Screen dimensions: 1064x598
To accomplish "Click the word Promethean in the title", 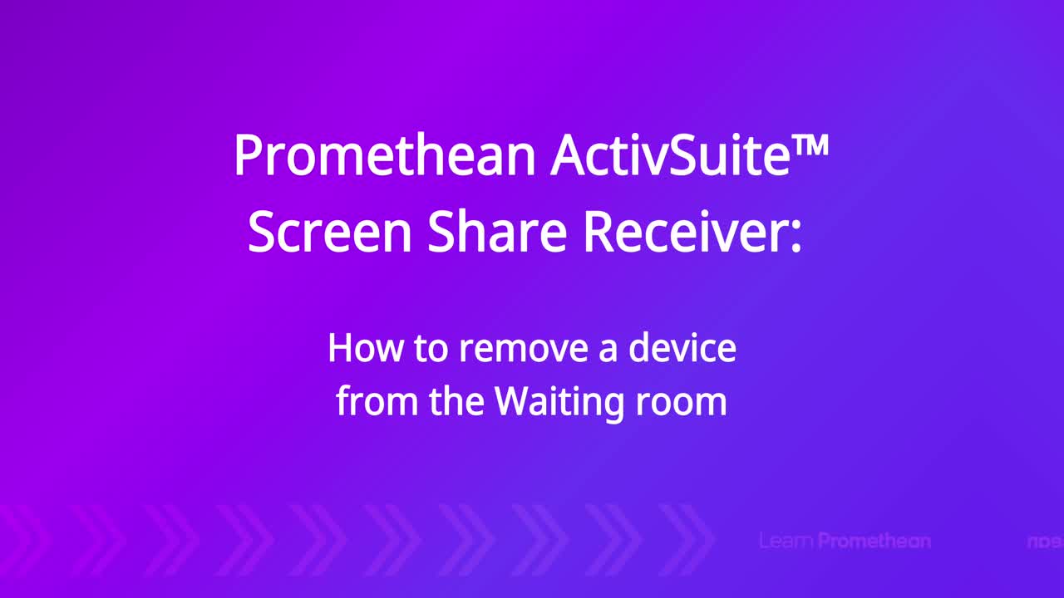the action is tap(385, 155).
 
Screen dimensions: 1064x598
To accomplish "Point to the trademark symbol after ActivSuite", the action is tap(810, 145).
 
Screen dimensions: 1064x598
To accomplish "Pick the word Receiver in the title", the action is tap(683, 232).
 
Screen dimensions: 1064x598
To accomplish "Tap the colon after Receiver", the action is tap(796, 237).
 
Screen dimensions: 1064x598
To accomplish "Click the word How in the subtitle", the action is tap(365, 348).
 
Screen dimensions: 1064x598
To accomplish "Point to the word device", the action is tap(682, 348).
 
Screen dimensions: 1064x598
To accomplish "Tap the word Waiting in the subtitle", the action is tap(559, 404).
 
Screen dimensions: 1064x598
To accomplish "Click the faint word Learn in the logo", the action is tap(786, 541).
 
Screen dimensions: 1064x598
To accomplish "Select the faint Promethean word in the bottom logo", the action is tap(874, 541).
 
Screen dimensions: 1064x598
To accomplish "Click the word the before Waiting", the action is tap(456, 401).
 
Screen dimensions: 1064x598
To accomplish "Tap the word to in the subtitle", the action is tap(431, 349).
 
